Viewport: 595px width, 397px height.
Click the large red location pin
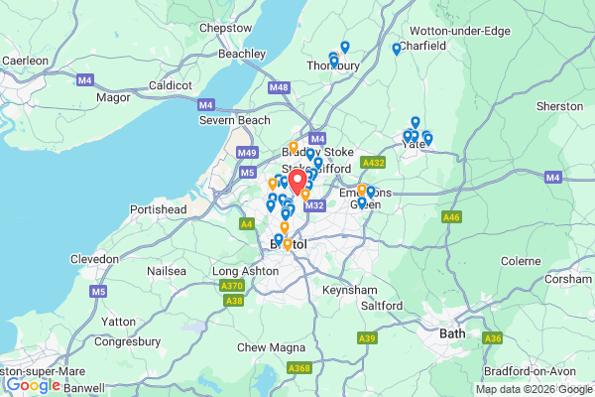point(297,181)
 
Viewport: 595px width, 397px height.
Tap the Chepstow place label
point(225,29)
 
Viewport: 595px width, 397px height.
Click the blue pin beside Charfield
point(397,49)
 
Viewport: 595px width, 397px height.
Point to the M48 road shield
point(279,87)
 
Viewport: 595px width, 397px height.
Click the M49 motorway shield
point(247,153)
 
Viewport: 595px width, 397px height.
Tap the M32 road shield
point(315,205)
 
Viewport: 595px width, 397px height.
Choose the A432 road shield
point(374,162)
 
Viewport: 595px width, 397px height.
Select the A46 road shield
point(452,216)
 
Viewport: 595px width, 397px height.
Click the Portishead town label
point(158,210)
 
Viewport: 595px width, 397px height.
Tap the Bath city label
point(452,333)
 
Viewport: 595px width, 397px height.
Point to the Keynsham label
point(350,290)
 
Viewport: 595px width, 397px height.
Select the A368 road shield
point(298,368)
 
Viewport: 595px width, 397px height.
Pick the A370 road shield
point(229,285)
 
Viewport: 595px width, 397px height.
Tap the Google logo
point(32,384)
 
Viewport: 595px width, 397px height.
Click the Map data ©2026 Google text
point(532,388)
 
